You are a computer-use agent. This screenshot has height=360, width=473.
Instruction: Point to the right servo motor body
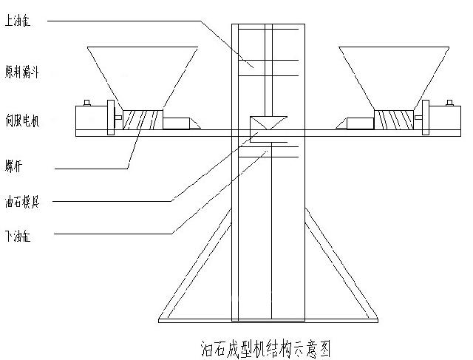446,118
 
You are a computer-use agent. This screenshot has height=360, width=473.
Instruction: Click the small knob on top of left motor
87,103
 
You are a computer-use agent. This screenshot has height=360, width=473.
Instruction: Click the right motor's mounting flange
426,118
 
